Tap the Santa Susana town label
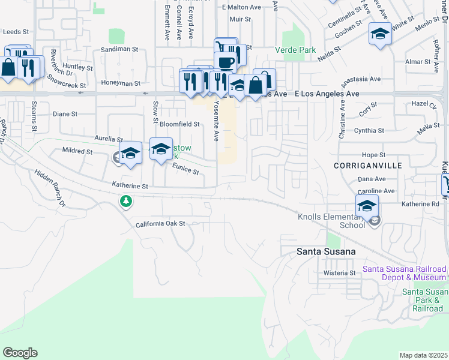[327, 251]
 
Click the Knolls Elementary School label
[331, 221]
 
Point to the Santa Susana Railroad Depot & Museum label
[405, 273]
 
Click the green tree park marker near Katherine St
[126, 202]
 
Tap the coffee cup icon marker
[226, 62]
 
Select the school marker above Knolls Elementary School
[367, 206]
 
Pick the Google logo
[20, 353]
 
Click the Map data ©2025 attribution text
[423, 355]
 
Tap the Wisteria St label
[340, 273]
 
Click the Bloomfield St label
[179, 124]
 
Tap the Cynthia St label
[369, 131]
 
